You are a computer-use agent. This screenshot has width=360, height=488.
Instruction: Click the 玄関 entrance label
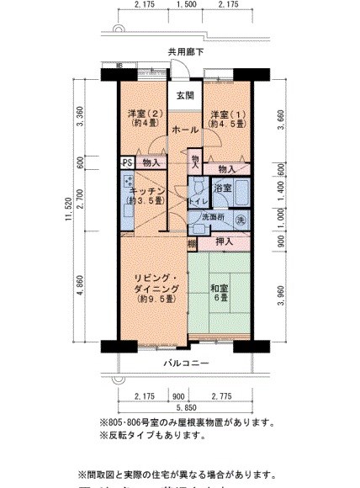click(185, 95)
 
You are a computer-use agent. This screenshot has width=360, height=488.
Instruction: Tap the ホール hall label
click(184, 130)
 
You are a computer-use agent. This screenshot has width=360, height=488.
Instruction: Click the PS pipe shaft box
click(127, 163)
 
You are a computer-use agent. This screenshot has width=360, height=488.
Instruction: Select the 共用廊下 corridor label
click(186, 51)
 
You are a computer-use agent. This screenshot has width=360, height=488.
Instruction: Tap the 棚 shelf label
click(193, 244)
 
